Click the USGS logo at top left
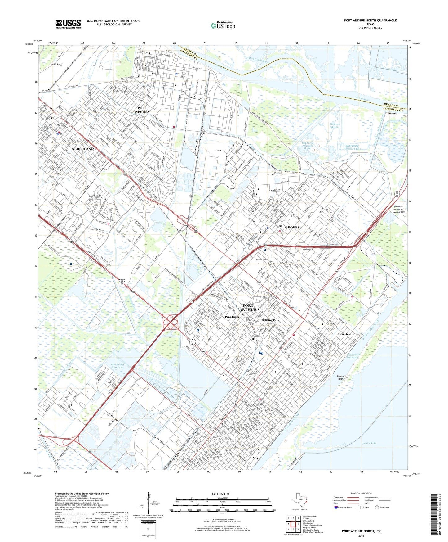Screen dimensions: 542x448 pos(68,24)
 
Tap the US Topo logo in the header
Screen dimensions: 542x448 pos(223,26)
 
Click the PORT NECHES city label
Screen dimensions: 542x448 pos(142,110)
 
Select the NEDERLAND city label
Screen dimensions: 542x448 pos(82,149)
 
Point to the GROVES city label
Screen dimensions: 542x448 pos(292,227)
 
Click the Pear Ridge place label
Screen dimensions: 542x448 pos(232,317)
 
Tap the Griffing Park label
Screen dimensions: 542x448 pos(270,320)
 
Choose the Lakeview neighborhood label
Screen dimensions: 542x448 pos(344,334)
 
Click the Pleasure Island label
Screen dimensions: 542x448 pos(341,377)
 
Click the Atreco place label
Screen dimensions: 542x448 pos(393,113)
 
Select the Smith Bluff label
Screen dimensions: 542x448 pos(56,64)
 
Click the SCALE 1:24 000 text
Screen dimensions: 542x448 pos(220,494)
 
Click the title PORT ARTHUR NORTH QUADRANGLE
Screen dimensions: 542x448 pos(370,20)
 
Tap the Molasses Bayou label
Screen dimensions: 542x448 pos(335,125)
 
